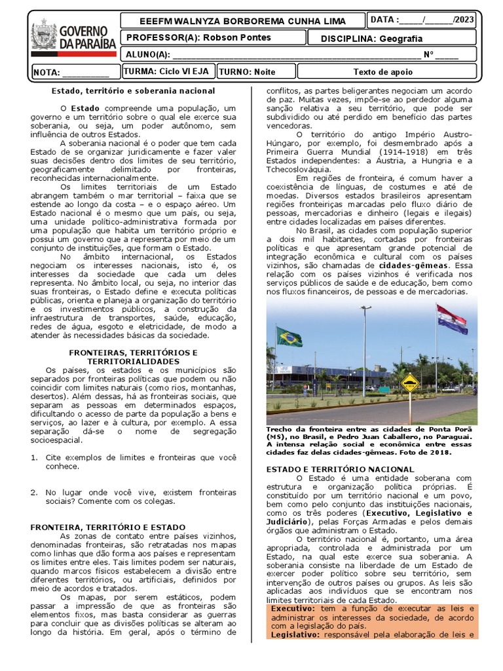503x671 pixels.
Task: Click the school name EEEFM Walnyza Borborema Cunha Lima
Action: (x=238, y=21)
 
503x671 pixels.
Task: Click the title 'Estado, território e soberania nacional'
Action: (x=133, y=90)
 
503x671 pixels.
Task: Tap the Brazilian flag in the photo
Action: (x=289, y=337)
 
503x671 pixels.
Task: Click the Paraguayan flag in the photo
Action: (x=452, y=318)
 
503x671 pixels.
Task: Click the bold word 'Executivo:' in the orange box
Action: (x=291, y=609)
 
